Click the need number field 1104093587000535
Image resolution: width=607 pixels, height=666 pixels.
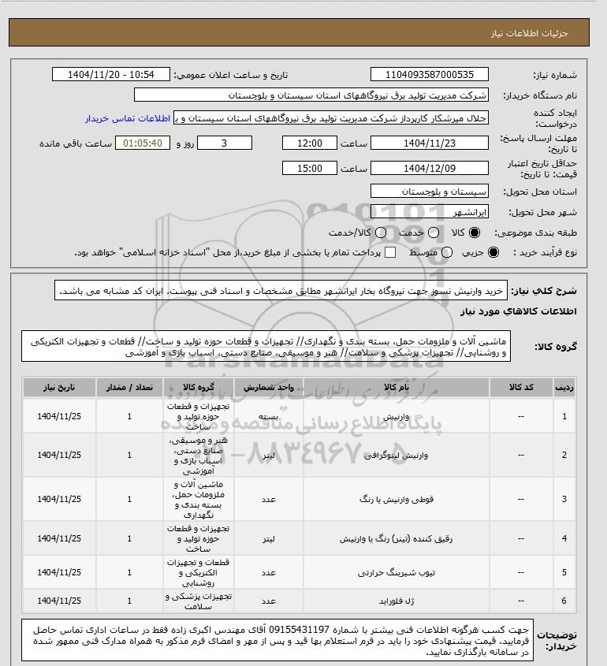click(430, 75)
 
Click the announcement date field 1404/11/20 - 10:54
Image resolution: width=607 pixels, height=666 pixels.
click(111, 75)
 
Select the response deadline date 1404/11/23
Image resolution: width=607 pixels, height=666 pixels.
click(430, 143)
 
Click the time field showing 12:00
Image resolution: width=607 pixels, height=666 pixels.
click(311, 143)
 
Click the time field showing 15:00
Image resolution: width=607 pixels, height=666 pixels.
click(311, 168)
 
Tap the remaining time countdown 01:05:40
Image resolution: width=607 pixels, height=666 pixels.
click(143, 143)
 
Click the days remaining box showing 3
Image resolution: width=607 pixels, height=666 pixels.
click(225, 143)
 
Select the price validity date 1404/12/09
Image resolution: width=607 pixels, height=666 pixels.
click(430, 168)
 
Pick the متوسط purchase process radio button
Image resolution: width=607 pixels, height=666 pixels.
click(447, 252)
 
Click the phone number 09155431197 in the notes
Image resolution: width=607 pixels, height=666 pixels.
click(299, 633)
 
